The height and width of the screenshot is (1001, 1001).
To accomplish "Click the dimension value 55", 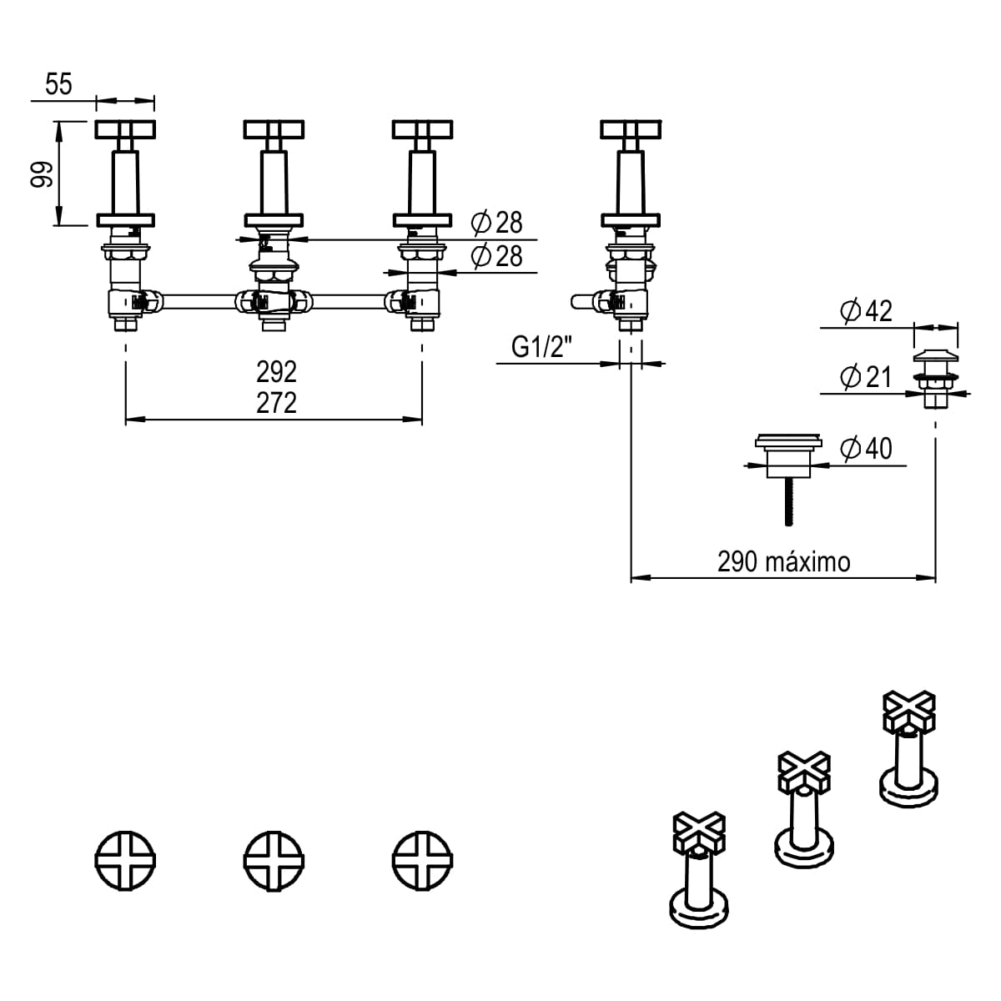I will coord(59,85).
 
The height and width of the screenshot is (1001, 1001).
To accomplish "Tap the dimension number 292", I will coord(276,371).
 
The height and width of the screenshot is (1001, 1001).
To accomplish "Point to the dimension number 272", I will coord(276,403).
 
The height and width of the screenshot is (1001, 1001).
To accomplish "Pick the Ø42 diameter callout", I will coord(865,311).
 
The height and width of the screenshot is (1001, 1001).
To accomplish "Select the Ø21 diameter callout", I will coord(865,377).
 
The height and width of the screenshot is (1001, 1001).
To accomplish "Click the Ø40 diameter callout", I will coord(865,449).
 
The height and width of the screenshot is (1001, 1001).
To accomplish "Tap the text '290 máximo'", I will coord(783,562).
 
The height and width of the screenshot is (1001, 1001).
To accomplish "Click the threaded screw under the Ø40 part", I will coord(787,501).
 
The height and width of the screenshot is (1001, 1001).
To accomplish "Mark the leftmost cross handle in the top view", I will coord(125,859).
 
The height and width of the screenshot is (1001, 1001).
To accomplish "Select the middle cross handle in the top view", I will coord(274,859).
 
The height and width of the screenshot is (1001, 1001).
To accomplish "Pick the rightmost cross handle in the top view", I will coord(422,859).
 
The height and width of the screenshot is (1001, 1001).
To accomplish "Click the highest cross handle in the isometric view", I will coord(909,709).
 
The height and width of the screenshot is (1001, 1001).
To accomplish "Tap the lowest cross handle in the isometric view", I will coord(699,832).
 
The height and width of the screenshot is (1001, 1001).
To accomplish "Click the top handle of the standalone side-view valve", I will coord(631,129).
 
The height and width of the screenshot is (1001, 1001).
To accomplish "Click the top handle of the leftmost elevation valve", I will coord(125,129).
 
